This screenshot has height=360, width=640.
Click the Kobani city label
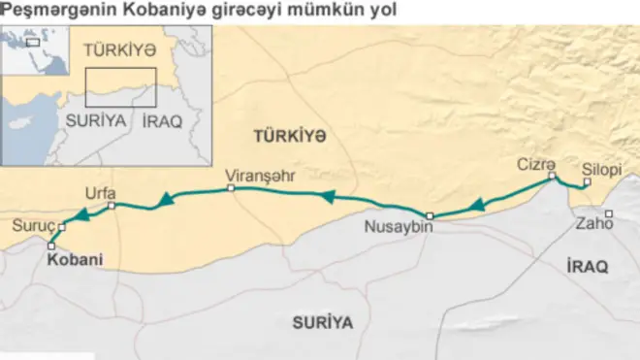[75, 261]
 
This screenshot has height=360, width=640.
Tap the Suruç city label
[32, 227]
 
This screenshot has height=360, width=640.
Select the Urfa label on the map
[100, 192]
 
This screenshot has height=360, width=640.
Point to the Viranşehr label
[259, 176]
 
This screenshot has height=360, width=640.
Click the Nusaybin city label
[397, 229]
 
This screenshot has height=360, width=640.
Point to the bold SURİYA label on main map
[323, 322]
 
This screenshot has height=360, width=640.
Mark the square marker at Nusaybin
[430, 215]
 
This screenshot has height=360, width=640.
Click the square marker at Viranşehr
[231, 188]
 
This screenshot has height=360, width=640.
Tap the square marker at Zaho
[609, 213]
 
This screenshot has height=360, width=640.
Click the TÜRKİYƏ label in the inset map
[119, 49]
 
